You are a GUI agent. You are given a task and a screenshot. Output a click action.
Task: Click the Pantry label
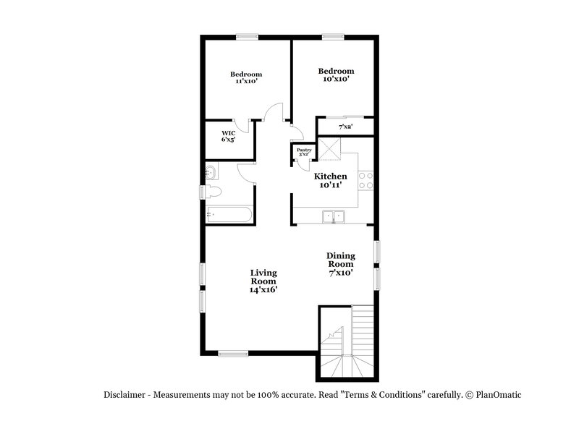pyautogui.click(x=303, y=151)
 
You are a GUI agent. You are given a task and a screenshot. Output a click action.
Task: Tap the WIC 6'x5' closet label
pyautogui.click(x=229, y=136)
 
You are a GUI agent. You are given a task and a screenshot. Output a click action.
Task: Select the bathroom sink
pyautogui.click(x=211, y=172)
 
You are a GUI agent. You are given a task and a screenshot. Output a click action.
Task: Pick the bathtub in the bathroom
pyautogui.click(x=227, y=214)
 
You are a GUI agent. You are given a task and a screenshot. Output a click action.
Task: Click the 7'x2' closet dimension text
pyautogui.click(x=346, y=127)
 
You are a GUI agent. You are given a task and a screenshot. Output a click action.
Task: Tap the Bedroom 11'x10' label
pyautogui.click(x=246, y=77)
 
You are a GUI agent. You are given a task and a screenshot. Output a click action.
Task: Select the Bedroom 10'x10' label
pyautogui.click(x=336, y=75)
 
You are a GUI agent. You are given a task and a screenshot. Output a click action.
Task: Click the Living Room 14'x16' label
pyautogui.click(x=263, y=281)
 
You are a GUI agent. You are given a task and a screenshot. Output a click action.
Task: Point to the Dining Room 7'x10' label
pyautogui.click(x=340, y=264)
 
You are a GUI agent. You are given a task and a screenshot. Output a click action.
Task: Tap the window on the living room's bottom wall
pyautogui.click(x=233, y=353)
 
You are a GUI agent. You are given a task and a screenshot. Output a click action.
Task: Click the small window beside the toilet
pyautogui.click(x=202, y=192)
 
